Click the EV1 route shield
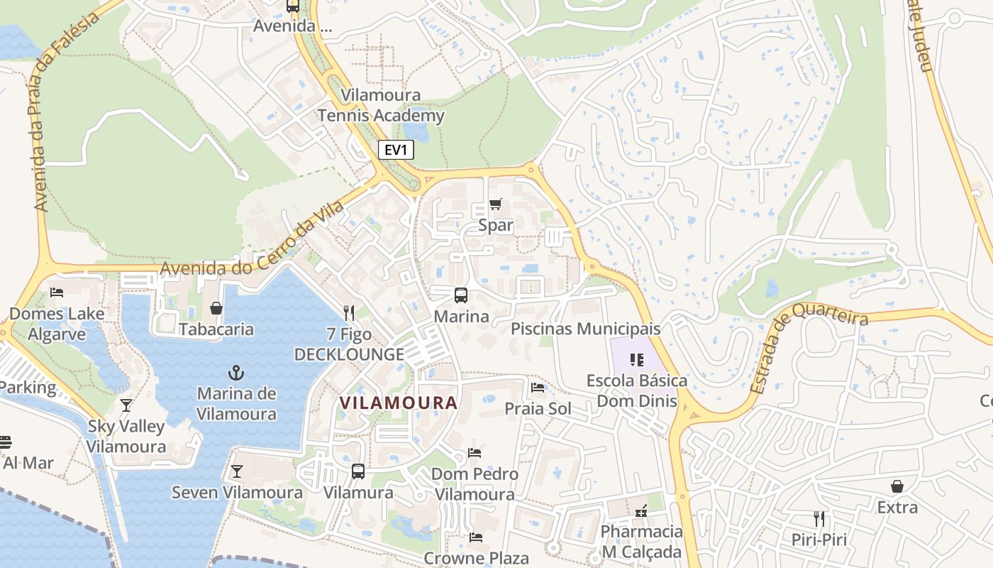point(396,150)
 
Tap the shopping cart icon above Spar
point(496,204)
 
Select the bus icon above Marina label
point(461,295)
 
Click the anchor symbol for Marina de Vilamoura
point(236,372)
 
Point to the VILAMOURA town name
point(399,403)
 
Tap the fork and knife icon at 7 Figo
point(348,312)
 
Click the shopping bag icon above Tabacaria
point(216,308)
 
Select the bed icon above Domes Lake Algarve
point(57,292)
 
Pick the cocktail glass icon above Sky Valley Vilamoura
point(126,405)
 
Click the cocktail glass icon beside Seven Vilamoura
point(237,471)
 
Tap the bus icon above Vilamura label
point(358,471)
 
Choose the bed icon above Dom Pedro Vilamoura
point(475,452)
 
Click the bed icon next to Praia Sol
point(538,387)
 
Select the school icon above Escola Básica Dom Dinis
point(636,360)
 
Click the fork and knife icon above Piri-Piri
point(819,518)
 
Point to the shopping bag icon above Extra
point(897,486)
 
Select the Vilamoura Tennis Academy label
point(381,105)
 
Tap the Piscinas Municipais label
point(586,329)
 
